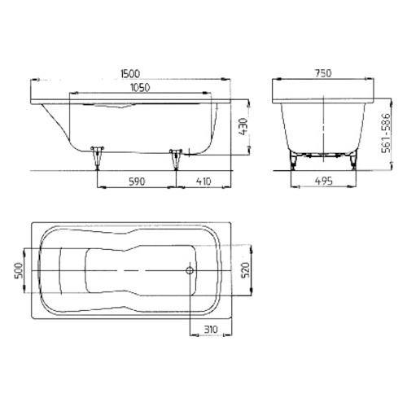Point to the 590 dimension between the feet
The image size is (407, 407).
tap(135, 182)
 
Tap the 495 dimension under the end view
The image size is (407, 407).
tap(323, 182)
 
